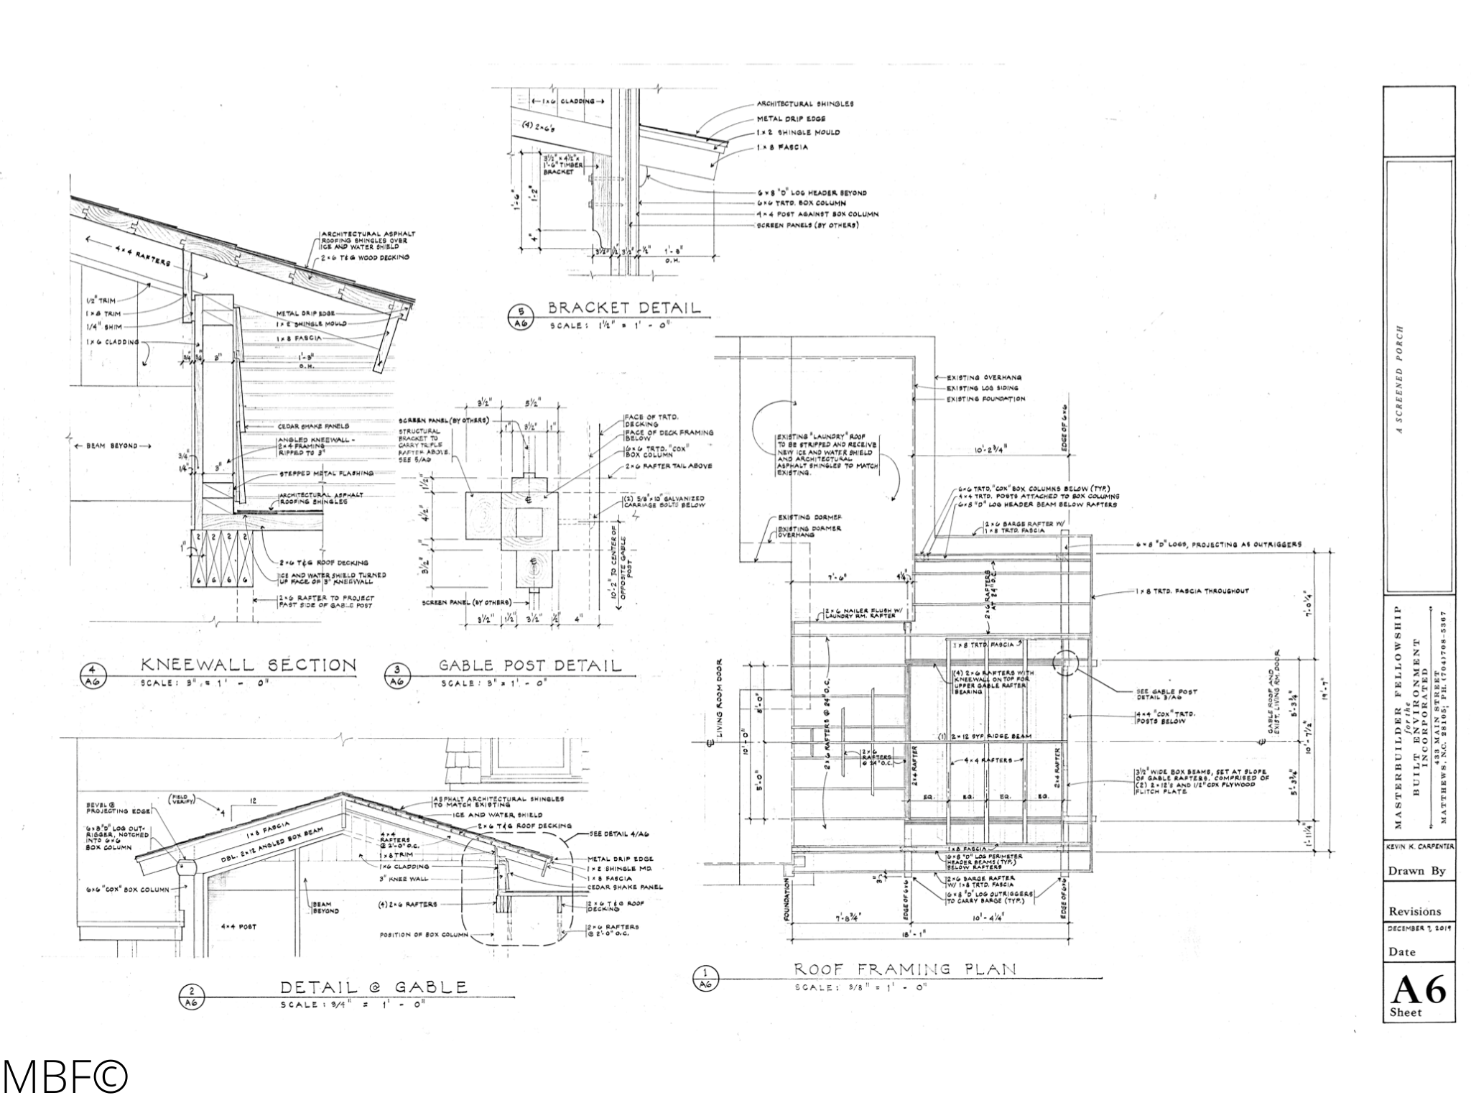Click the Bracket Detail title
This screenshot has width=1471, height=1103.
[623, 308]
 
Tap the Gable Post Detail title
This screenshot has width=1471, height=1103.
[530, 665]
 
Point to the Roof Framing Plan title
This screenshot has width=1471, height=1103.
[905, 969]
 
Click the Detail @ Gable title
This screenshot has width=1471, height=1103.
[373, 987]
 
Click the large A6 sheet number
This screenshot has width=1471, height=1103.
[1418, 990]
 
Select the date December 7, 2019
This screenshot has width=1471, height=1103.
[1419, 928]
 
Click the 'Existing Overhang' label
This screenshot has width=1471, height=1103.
[983, 377]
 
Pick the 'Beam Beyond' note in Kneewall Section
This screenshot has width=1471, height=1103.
[113, 446]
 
